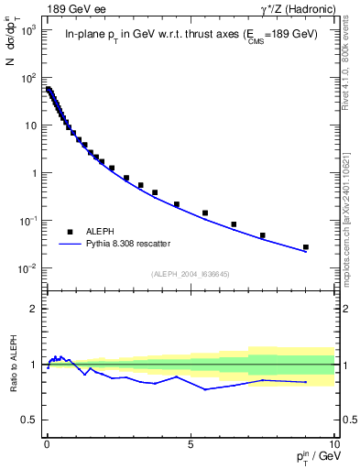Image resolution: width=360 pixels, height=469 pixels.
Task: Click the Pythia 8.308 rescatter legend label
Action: click(130, 244)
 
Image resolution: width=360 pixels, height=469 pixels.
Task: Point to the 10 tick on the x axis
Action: click(333, 442)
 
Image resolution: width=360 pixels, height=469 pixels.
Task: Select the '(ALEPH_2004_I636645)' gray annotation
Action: click(190, 274)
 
